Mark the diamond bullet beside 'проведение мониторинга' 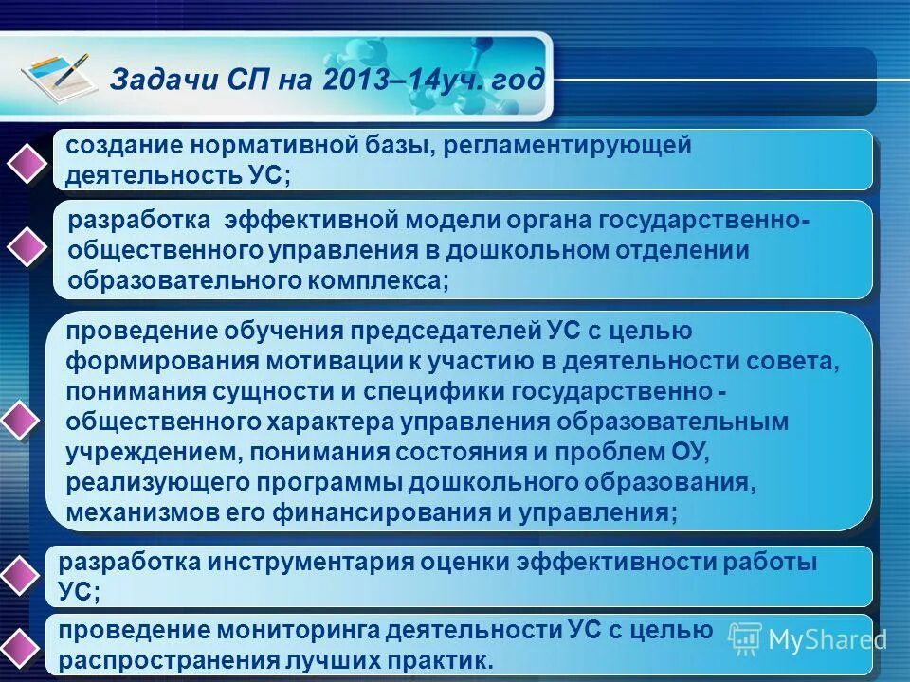click(24, 647)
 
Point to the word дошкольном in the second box click(540, 250)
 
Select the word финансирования click(392, 512)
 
